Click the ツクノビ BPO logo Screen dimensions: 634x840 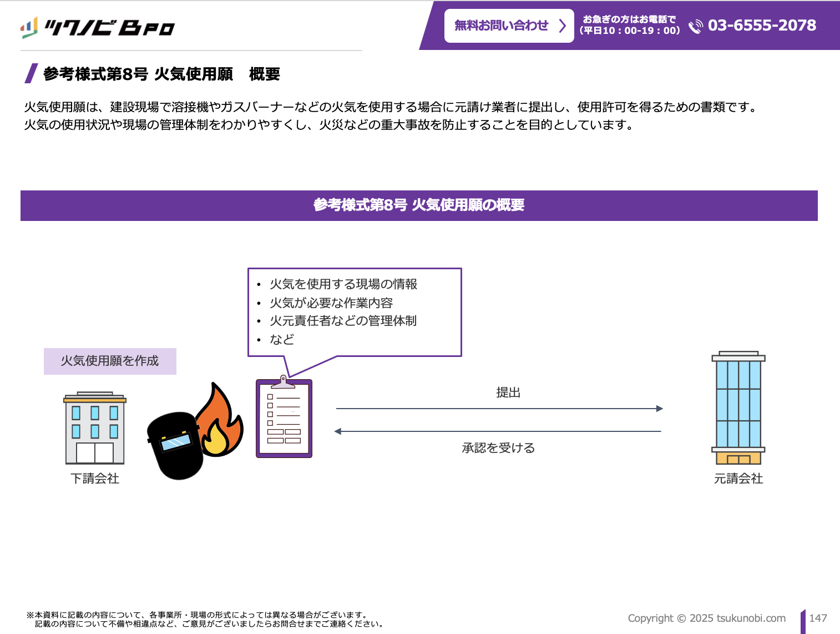(98, 27)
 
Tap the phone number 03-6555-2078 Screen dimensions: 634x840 (762, 26)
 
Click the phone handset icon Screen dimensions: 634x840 (695, 27)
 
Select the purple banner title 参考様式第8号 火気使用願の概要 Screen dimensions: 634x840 (419, 205)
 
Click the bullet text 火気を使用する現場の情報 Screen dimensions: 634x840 (343, 284)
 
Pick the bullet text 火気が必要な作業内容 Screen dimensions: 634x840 (331, 303)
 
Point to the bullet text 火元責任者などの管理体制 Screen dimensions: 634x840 (343, 321)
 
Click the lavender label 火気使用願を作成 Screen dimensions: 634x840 (110, 361)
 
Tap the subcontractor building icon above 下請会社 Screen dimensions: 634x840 (95, 428)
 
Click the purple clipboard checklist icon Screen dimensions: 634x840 (284, 418)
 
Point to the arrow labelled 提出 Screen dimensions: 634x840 (499, 409)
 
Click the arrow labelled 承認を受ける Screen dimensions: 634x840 (498, 431)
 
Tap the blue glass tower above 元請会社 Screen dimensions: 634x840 (738, 407)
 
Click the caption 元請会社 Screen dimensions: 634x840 (738, 479)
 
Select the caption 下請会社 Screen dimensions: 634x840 (95, 479)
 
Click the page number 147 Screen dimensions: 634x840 (818, 618)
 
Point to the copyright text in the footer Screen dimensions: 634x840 (706, 618)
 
